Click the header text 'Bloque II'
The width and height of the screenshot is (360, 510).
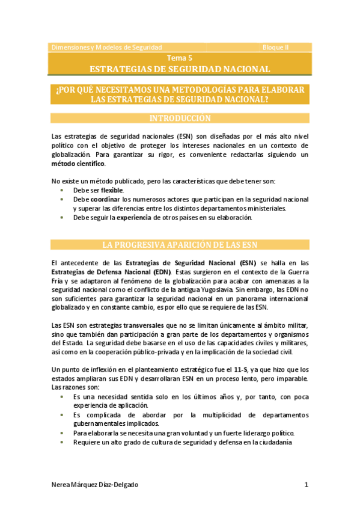coord(275,47)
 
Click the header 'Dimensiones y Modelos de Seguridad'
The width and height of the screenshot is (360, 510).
coord(106,47)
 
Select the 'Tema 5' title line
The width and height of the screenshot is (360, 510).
coord(180,58)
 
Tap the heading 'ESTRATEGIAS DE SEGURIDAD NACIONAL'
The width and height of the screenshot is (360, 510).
coord(180,69)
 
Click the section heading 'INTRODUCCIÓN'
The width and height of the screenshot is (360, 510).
coord(180,118)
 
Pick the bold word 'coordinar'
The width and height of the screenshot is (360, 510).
coord(105,199)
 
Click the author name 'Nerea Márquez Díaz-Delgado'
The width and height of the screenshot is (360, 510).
coord(97,484)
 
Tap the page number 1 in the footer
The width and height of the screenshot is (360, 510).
coord(306,484)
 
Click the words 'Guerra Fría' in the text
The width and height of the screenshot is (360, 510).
coord(296,271)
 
